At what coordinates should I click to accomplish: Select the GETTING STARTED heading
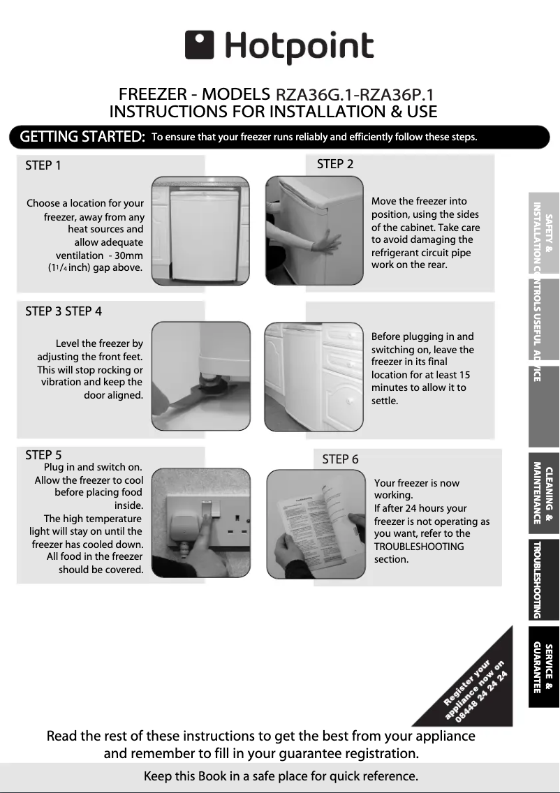[x=82, y=137]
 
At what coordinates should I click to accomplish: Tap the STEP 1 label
[x=43, y=165]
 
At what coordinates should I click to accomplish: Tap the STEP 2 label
[x=335, y=164]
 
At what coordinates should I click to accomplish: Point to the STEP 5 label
[x=43, y=455]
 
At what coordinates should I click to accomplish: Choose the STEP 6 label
[x=340, y=459]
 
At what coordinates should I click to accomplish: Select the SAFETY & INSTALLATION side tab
[x=543, y=236]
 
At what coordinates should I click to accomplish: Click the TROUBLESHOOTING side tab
[x=543, y=579]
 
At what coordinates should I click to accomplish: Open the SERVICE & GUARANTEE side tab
[x=543, y=667]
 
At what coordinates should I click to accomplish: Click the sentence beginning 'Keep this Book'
[x=281, y=776]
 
